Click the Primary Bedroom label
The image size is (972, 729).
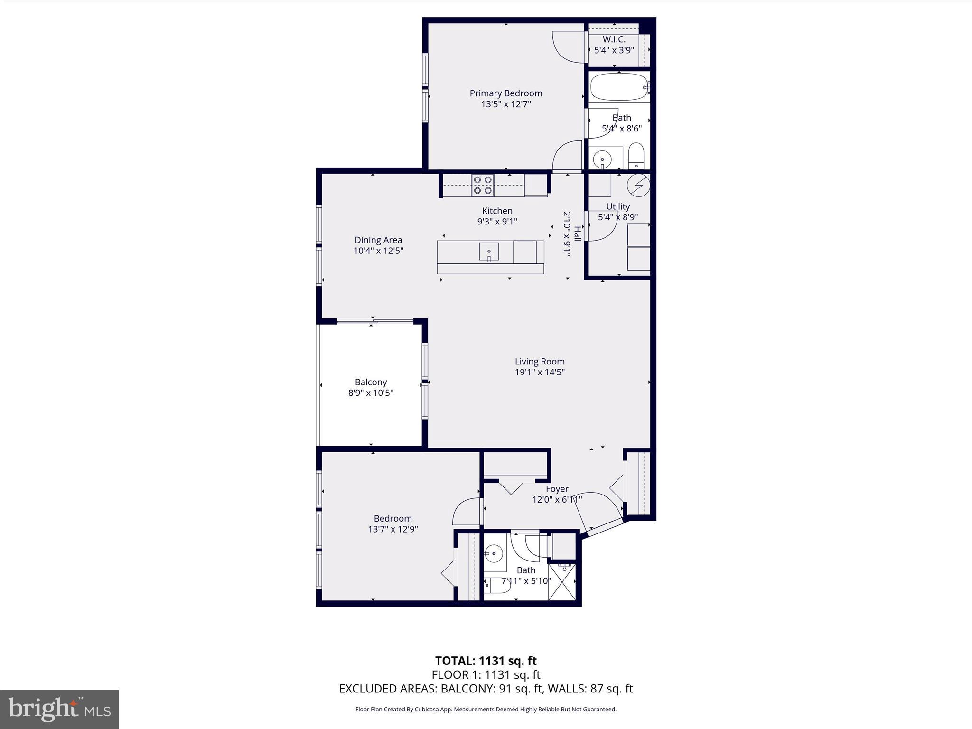(x=505, y=93)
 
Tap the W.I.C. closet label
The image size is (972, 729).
(x=614, y=40)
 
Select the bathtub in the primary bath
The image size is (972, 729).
(x=619, y=87)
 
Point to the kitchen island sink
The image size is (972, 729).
(x=489, y=251)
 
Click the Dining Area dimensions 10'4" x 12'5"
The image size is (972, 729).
(x=378, y=251)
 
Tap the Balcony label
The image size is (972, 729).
(x=371, y=382)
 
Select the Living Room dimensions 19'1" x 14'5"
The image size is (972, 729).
(x=540, y=372)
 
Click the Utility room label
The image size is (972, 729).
(x=617, y=206)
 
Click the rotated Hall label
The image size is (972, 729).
(x=577, y=234)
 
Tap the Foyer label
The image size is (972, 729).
(x=557, y=489)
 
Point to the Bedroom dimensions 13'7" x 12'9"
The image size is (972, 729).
(x=393, y=529)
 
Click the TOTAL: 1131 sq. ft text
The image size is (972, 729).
(x=486, y=661)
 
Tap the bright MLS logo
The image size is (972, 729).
(x=59, y=709)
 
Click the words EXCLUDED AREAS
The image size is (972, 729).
(x=388, y=689)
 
